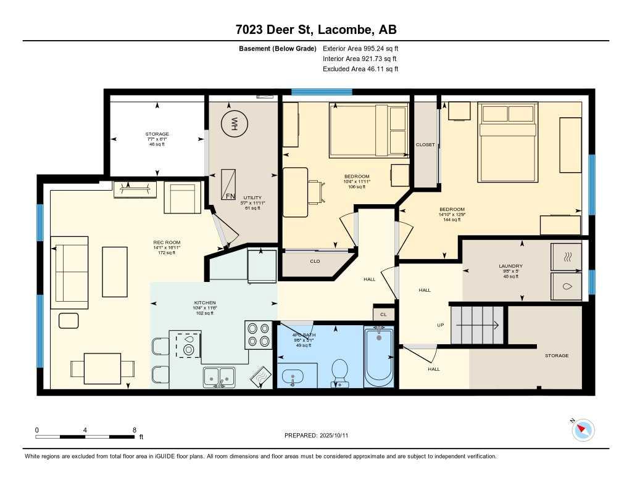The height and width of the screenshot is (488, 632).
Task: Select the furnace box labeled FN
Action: (229, 183)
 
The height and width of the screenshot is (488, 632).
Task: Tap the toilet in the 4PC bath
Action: (339, 373)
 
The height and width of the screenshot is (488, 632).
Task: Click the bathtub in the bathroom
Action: (378, 358)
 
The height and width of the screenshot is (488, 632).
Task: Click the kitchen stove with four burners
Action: (258, 335)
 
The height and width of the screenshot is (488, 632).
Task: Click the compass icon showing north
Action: (583, 430)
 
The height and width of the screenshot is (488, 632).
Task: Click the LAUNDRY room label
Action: (510, 266)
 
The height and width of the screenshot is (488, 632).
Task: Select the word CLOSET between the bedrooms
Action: (425, 145)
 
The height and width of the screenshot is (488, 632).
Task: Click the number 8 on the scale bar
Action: (134, 430)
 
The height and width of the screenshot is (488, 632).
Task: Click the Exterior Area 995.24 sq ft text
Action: (362, 48)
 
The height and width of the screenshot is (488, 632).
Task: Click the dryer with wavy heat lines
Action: (565, 256)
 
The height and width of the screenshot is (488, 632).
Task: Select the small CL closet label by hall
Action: (383, 314)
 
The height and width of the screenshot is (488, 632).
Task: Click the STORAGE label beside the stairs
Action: (556, 356)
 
